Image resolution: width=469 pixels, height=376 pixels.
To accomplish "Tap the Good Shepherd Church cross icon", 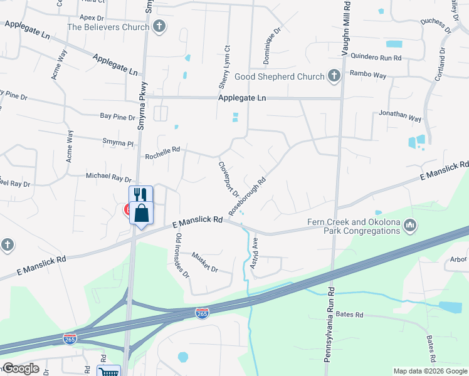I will [334, 76].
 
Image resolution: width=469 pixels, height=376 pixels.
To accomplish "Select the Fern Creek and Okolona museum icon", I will [410, 224].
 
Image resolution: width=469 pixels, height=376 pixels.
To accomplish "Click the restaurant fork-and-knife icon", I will [140, 194].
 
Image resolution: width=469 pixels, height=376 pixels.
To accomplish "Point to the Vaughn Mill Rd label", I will [345, 28].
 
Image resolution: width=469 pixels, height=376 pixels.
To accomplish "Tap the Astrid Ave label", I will [254, 254].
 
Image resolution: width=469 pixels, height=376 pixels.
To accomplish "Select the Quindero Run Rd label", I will [376, 57].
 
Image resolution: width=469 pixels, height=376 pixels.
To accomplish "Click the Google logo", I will [20, 368].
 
